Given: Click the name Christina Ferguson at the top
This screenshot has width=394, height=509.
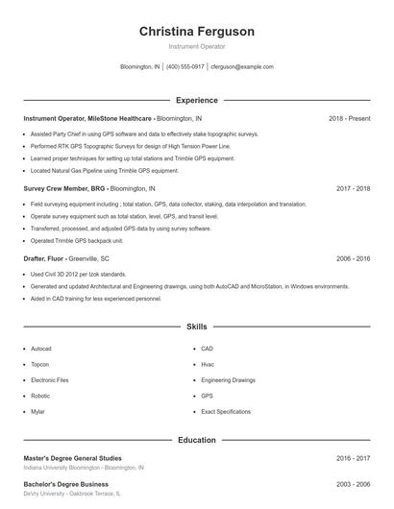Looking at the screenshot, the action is (196, 32).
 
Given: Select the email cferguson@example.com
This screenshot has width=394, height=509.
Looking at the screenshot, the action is (241, 67).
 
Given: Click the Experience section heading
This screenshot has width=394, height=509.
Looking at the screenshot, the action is (196, 100).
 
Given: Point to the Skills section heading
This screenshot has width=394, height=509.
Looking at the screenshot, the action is (196, 327).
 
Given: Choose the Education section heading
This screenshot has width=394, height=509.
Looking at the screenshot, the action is (196, 440).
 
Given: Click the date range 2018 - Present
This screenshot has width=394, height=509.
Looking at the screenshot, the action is (349, 118).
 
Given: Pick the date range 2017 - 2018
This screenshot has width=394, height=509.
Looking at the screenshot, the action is (353, 189).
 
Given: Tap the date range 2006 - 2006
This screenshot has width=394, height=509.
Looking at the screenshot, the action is (353, 258).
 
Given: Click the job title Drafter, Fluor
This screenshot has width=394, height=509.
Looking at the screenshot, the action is (43, 258).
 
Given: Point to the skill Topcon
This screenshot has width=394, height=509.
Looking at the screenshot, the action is (39, 364).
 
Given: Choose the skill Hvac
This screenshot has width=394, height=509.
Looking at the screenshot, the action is (208, 364).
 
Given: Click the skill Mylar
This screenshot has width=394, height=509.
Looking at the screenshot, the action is (37, 411).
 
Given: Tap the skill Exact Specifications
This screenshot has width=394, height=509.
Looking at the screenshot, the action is (226, 411).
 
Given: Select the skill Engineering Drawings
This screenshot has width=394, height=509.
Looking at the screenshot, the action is (228, 380).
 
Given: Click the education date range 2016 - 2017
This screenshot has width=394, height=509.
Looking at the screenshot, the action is (353, 458).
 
